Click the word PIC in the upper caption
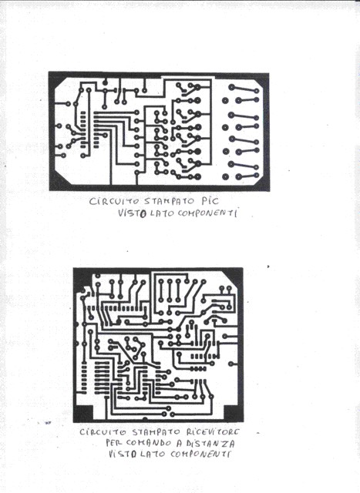coord(210,200)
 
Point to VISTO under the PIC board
coord(133,213)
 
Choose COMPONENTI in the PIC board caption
coord(207,213)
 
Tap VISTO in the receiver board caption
coord(123,454)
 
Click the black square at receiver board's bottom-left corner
coord(84,413)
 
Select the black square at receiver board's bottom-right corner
coord(233,413)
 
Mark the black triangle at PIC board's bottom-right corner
coord(262,183)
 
